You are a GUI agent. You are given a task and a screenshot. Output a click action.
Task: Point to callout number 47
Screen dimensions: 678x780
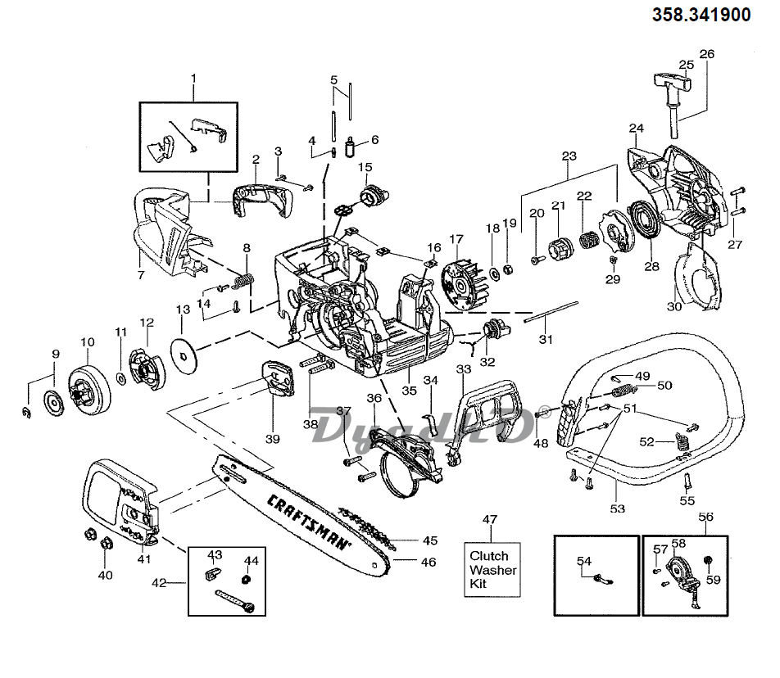pos(489,519)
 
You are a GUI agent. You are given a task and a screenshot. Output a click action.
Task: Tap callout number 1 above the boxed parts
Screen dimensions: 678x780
pos(193,79)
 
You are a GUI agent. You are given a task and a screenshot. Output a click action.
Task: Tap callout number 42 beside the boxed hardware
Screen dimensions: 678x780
pos(159,582)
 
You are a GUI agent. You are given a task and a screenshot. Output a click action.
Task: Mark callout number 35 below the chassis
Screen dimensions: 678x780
pos(407,391)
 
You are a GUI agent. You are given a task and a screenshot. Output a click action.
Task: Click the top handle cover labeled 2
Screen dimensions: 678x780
pos(262,199)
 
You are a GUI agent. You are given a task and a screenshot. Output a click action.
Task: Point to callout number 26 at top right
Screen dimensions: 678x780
pos(706,54)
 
